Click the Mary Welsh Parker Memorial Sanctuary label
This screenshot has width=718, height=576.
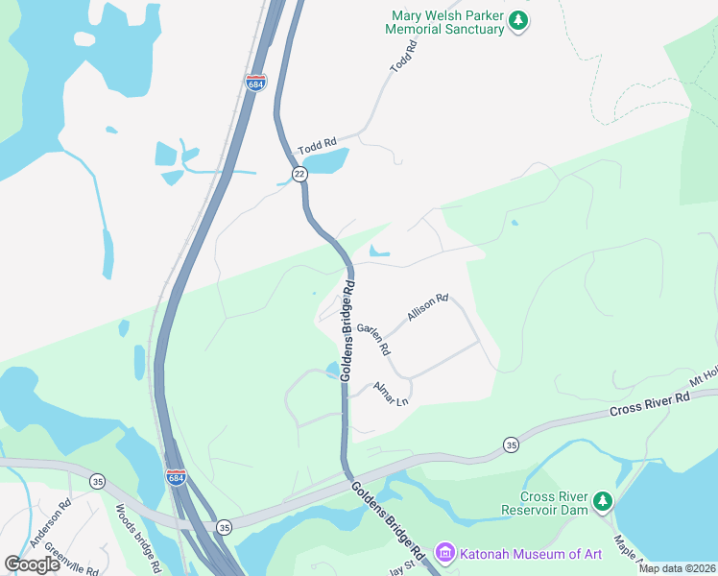[444, 23]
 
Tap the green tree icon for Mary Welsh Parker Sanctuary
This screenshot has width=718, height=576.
[518, 20]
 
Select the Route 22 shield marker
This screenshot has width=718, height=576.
[299, 173]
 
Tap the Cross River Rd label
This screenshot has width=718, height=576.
[650, 404]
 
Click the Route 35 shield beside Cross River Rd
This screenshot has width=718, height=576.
[511, 444]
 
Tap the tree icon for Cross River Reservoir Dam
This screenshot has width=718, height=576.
[602, 500]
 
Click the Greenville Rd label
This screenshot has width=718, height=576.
[73, 562]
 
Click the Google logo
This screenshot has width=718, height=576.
[32, 564]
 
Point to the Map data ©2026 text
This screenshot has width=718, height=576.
[676, 568]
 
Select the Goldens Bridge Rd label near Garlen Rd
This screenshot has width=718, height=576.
[347, 331]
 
